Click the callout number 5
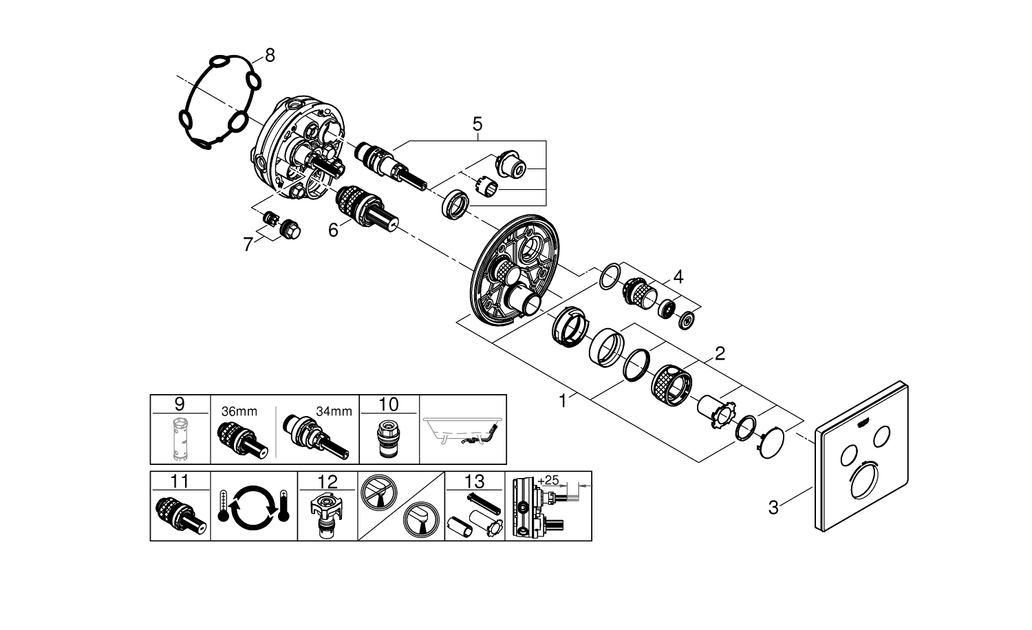pos(477,124)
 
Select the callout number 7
pos(248,244)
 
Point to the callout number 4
pos(678,277)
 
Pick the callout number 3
pos(773,508)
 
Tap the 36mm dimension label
pos(239,411)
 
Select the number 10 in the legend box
pos(389,404)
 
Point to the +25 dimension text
pos(548,479)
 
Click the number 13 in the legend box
pos(475,480)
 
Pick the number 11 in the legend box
pos(179,480)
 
